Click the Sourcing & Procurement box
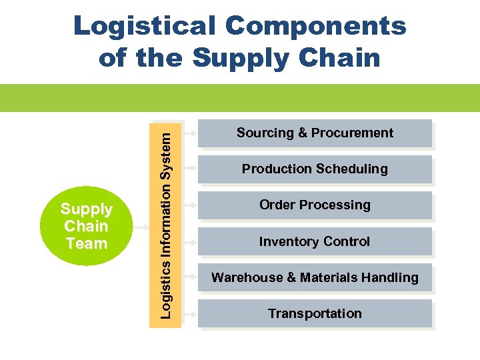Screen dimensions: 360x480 point(315,133)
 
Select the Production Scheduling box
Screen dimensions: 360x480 point(315,169)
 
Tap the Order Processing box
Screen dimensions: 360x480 point(315,205)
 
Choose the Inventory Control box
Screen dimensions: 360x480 point(315,241)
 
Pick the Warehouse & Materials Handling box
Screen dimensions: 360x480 point(315,277)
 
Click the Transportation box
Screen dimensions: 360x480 point(315,313)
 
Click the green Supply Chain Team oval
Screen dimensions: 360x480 point(86,227)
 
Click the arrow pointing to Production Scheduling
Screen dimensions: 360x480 point(190,169)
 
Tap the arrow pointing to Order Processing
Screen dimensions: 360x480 point(190,205)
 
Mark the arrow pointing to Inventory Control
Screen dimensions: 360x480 point(190,241)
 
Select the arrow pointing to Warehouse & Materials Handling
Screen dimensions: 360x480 point(190,277)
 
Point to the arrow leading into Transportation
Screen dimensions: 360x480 point(190,313)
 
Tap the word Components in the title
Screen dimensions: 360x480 point(315,27)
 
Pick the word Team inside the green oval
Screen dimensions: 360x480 point(86,244)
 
